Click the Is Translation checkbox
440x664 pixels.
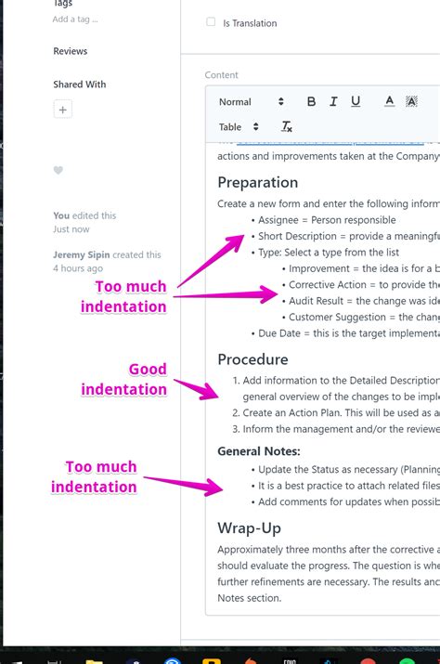(x=211, y=22)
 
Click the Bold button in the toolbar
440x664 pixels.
(x=311, y=102)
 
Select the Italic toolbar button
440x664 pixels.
(x=333, y=102)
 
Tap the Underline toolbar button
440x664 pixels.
(x=356, y=102)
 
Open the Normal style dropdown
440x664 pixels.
(x=251, y=102)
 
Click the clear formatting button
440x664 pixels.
(x=287, y=127)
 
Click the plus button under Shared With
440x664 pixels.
(x=62, y=110)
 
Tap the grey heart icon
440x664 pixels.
(x=58, y=171)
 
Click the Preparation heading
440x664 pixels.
(x=257, y=182)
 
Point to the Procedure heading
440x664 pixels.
(x=252, y=359)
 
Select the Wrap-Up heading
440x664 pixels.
(x=249, y=527)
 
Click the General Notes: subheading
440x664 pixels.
(x=258, y=451)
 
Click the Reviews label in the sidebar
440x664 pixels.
(x=71, y=51)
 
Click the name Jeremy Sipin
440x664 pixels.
(x=83, y=254)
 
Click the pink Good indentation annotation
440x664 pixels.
(x=124, y=379)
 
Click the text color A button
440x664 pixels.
(x=389, y=102)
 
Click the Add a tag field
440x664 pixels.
(x=75, y=19)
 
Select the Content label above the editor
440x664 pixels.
(x=222, y=75)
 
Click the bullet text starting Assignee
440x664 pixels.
(x=327, y=220)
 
